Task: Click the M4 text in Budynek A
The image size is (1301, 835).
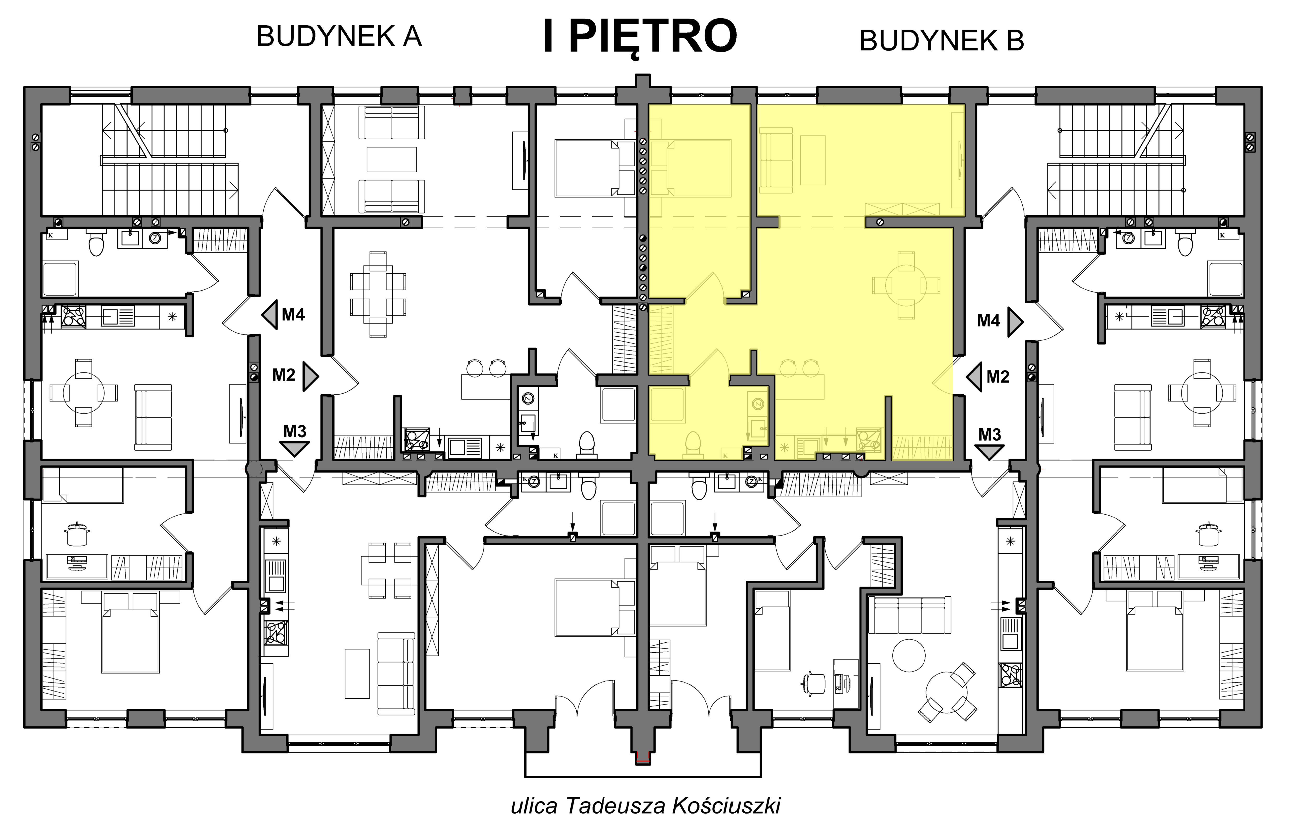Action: pyautogui.click(x=293, y=314)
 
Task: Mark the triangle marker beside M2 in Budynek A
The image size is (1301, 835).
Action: pyautogui.click(x=310, y=376)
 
